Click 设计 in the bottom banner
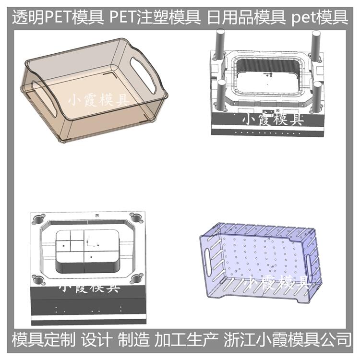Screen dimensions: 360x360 (x=97, y=339)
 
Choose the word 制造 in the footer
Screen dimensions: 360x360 (x=133, y=339)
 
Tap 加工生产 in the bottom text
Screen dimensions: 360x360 (x=186, y=339)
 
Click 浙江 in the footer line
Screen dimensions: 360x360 (x=239, y=339)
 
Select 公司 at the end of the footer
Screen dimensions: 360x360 (x=336, y=339)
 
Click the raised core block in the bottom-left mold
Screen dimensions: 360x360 (x=87, y=251)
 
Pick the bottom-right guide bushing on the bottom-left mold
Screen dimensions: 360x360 (x=137, y=279)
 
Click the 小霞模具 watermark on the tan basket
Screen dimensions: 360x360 (x=98, y=101)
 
